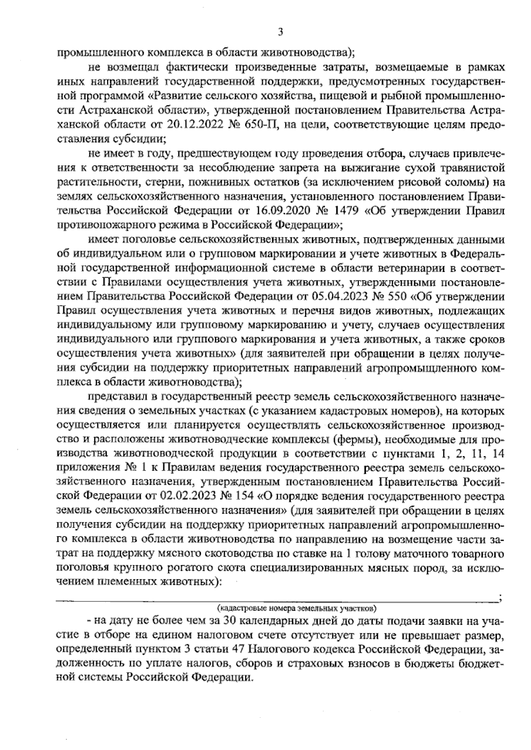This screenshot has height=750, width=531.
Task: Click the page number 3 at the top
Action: pos(279,32)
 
